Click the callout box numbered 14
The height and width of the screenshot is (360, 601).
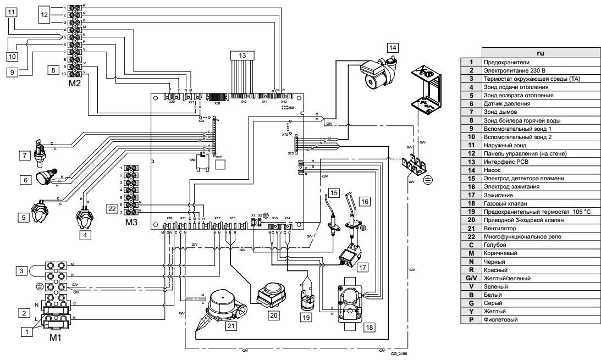(x=392, y=48)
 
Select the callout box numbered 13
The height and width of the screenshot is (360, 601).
(x=242, y=55)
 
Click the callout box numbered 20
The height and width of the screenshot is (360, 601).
(x=273, y=315)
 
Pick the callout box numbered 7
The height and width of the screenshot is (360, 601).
(x=24, y=156)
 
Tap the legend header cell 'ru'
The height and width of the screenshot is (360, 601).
(x=525, y=54)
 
